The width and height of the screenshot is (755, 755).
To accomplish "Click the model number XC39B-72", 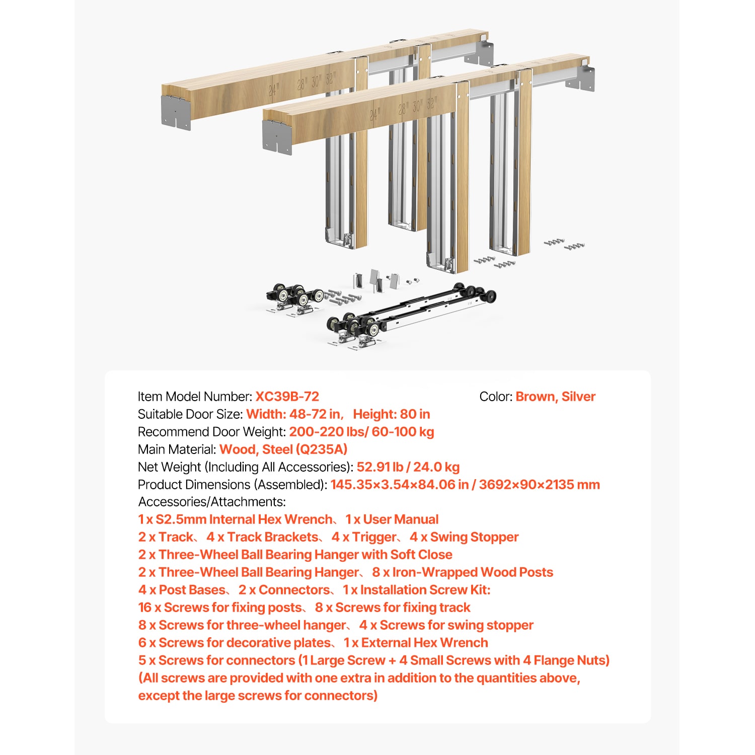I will click(287, 397).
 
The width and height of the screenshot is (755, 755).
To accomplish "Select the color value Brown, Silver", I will click(555, 397).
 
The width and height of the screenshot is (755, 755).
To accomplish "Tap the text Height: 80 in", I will click(391, 414).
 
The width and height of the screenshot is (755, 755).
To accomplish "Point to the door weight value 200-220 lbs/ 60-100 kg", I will click(361, 432).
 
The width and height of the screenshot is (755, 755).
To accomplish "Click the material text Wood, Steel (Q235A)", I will click(283, 449).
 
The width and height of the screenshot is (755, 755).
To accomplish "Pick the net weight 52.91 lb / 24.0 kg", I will click(408, 467).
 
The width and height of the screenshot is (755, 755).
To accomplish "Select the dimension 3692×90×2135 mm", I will click(539, 485).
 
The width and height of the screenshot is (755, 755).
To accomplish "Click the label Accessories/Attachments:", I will click(212, 502).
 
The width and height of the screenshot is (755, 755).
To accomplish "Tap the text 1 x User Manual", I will click(392, 519).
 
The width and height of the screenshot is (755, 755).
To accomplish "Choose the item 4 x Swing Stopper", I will click(464, 537).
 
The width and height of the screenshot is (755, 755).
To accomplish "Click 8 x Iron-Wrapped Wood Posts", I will click(462, 572).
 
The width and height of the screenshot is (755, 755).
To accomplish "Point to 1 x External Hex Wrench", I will click(415, 643).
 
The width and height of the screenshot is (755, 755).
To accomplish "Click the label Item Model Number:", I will click(195, 397).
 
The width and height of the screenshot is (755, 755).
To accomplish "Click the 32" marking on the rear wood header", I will click(330, 79).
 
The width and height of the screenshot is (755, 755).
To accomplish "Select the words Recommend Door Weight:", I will click(211, 432).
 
